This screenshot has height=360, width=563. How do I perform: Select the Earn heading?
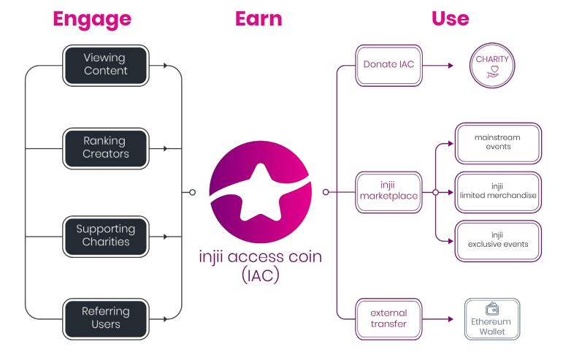pyautogui.click(x=258, y=18)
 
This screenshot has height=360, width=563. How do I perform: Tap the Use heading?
pyautogui.click(x=450, y=18)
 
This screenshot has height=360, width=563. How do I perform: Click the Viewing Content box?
pyautogui.click(x=106, y=64)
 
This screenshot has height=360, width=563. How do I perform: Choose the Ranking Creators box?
pyautogui.click(x=106, y=148)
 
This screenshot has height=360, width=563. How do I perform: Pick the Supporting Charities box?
pyautogui.click(x=106, y=236)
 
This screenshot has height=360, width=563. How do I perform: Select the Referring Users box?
pyautogui.click(x=106, y=318)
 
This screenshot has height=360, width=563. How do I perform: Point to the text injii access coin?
pyautogui.click(x=260, y=258)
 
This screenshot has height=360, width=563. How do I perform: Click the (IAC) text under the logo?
pyautogui.click(x=260, y=276)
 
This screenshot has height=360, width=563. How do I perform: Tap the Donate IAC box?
pyautogui.click(x=388, y=64)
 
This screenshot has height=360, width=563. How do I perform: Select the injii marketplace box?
pyautogui.click(x=388, y=193)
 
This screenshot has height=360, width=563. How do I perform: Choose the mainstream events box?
pyautogui.click(x=497, y=142)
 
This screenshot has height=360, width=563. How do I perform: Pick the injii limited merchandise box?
pyautogui.click(x=497, y=192)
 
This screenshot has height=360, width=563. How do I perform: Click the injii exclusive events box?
pyautogui.click(x=497, y=240)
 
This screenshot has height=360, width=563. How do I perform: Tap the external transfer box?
pyautogui.click(x=388, y=318)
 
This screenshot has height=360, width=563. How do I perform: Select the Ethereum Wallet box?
pyautogui.click(x=492, y=318)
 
